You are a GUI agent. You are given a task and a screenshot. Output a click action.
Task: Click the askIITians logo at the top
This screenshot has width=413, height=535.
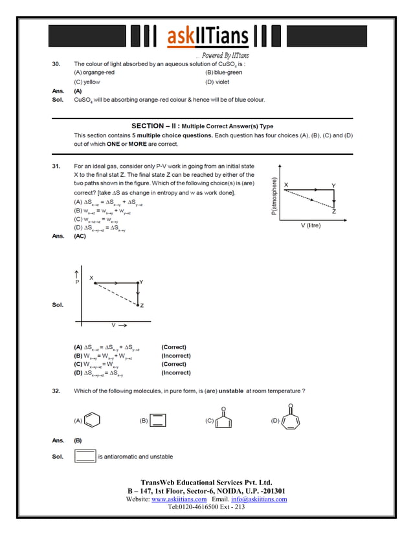click(x=206, y=37)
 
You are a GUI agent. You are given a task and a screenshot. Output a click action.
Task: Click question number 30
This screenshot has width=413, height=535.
click(x=56, y=64)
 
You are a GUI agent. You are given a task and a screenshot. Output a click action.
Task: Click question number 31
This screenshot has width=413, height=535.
click(x=56, y=166)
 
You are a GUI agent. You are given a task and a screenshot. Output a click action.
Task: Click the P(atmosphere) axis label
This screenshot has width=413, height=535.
click(x=274, y=197)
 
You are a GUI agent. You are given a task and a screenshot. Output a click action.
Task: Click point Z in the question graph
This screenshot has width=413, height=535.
click(x=333, y=211)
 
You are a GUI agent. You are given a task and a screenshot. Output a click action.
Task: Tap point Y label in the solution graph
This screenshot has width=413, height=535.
click(x=142, y=282)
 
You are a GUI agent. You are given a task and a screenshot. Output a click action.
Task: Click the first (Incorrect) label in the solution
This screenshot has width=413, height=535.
click(x=175, y=356)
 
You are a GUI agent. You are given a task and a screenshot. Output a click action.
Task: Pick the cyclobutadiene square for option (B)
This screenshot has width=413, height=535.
click(x=159, y=420)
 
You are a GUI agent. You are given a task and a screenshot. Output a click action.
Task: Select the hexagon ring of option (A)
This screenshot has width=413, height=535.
click(x=93, y=420)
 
